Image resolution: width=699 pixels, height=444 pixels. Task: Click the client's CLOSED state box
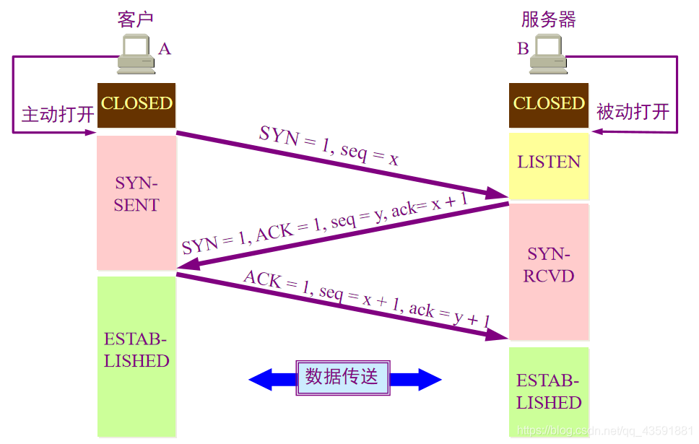click(x=136, y=104)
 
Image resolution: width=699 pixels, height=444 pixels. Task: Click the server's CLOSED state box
click(x=549, y=104)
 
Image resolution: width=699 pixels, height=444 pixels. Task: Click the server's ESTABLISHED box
click(x=549, y=392)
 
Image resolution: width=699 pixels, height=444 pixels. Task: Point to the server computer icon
click(x=550, y=55)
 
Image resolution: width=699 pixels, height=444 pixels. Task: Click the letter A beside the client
click(x=165, y=49)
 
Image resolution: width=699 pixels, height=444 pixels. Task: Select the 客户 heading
click(x=136, y=19)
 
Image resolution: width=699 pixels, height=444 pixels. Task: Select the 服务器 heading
click(x=549, y=19)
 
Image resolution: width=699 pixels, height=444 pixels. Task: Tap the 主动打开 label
click(x=58, y=115)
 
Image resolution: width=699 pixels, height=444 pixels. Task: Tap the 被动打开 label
click(x=633, y=112)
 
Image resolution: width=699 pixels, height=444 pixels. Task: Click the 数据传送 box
click(x=342, y=378)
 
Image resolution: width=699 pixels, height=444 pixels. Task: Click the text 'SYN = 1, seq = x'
click(x=329, y=145)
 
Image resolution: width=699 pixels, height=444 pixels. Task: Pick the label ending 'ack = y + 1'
click(x=367, y=300)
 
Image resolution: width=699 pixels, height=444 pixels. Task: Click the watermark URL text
click(x=605, y=432)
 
